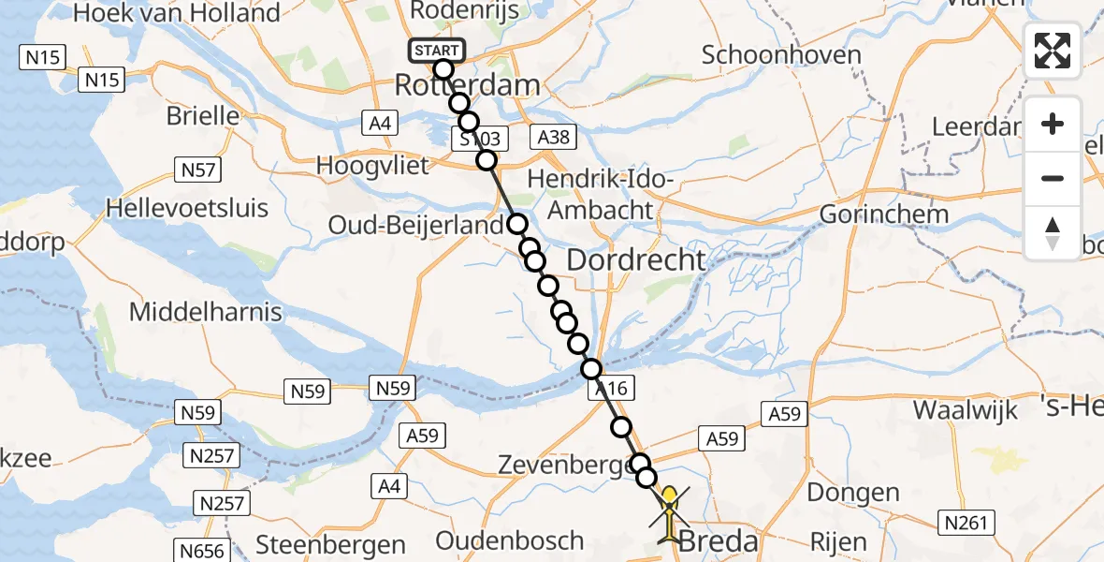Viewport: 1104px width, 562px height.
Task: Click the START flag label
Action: coord(436,51)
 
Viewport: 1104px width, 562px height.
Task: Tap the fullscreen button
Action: coord(1053,51)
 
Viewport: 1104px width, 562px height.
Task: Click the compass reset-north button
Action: coord(1053,233)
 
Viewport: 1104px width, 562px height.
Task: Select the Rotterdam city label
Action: coord(467,85)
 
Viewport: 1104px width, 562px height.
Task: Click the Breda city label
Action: coord(717,541)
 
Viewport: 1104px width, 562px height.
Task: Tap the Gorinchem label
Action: coord(884,214)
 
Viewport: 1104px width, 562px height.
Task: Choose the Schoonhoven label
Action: coord(781,54)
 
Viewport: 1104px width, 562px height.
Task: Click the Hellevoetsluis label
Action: coord(188,207)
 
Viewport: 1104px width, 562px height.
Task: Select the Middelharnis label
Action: coord(205,311)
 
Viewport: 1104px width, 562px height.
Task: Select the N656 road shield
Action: coord(202,551)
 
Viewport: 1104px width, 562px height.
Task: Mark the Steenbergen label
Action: coord(330,544)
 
